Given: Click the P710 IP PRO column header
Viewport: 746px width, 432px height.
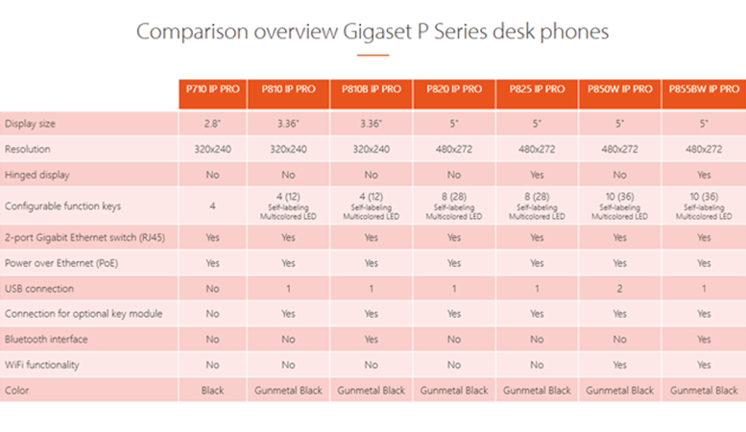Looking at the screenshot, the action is coord(213,89).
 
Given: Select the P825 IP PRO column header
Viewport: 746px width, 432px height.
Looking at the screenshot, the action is coord(537,89).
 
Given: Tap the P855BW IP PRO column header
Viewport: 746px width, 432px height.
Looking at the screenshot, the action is coord(704,89).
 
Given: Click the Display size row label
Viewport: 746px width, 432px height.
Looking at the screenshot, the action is coord(30,124).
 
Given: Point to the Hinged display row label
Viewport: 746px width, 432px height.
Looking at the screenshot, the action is coord(37,175).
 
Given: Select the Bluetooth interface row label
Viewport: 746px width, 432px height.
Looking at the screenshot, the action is coord(46,339).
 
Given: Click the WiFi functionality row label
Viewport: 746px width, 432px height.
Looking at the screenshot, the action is coord(42,365).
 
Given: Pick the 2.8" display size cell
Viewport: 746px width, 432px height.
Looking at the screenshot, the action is coord(213,124).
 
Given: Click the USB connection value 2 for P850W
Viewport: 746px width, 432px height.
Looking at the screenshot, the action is coord(619,289).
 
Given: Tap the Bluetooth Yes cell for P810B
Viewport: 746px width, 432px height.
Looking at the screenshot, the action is coord(372,339).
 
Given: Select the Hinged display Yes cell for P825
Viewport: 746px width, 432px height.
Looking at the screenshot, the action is coord(537,175).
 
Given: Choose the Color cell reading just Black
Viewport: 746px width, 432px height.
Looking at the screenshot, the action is coord(213,391).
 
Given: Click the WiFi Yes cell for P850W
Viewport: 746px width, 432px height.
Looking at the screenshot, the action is coord(619,365).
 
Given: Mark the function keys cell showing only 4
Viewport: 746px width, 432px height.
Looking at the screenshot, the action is coord(213,206).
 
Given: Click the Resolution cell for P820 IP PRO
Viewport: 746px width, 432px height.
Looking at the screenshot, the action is coord(454,150).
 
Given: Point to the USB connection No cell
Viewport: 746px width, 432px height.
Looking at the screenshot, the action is coord(213,289).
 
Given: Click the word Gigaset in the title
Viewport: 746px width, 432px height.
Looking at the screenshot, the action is coord(377,33).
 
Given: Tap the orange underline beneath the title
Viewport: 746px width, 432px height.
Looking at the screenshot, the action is coord(373,55).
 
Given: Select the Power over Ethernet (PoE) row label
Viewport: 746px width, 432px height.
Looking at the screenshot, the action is coord(61,263).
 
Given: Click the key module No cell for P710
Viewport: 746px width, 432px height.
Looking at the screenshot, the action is coord(213,314).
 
